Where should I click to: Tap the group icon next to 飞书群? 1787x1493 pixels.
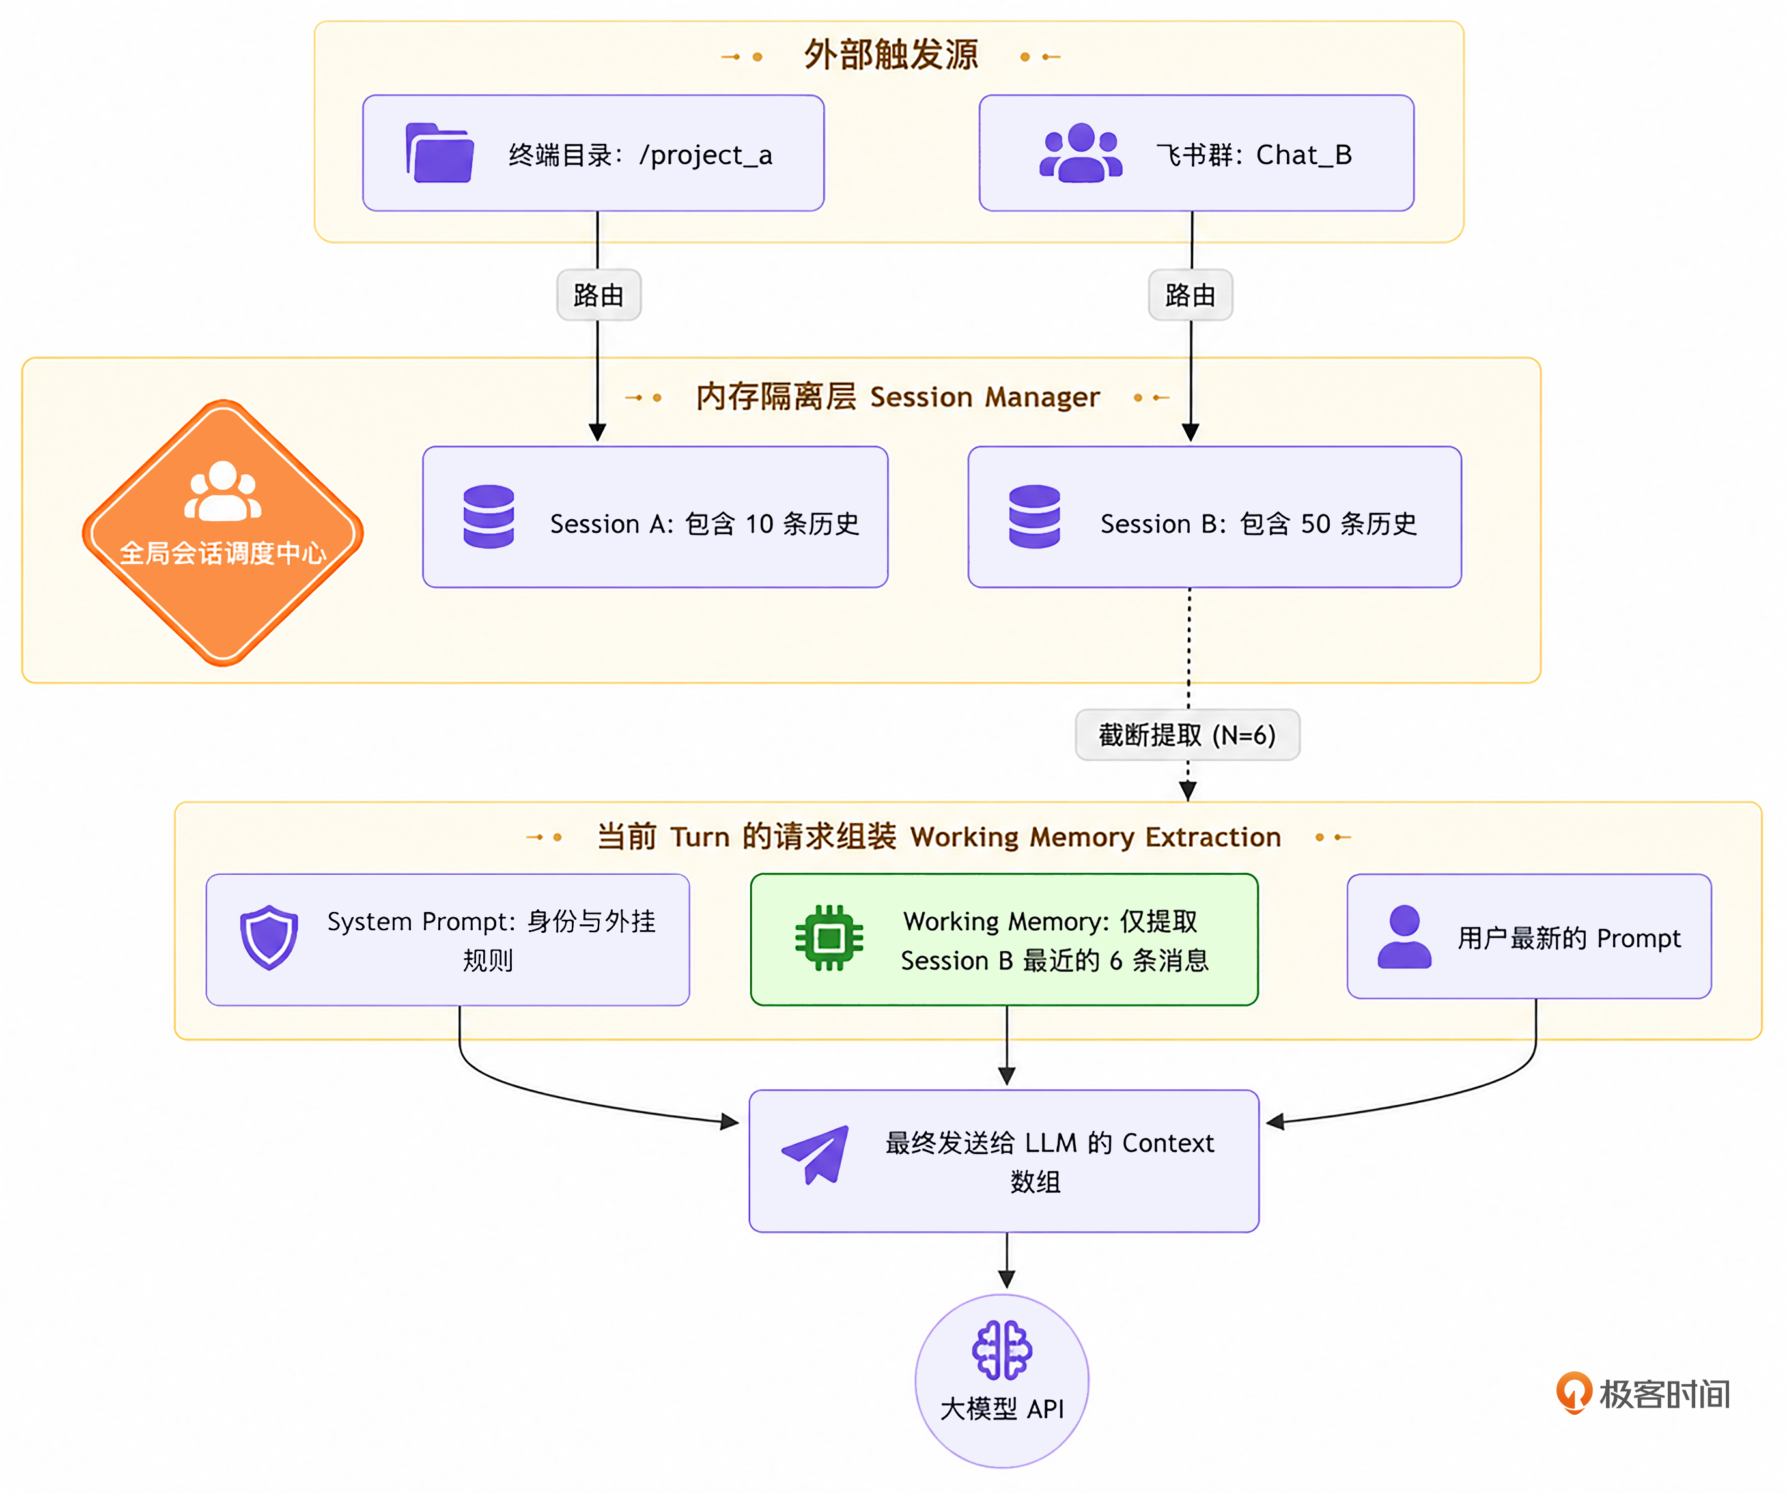(1080, 152)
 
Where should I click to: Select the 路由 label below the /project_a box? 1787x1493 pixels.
(598, 295)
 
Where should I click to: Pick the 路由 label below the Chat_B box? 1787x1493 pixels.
(1190, 295)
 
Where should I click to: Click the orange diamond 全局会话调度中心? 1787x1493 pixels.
(223, 533)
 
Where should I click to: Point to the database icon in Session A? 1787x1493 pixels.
(488, 517)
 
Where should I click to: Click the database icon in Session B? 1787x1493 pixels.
(1034, 517)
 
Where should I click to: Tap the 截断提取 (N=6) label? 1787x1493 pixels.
(1188, 735)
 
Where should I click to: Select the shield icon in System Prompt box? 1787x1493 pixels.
(269, 937)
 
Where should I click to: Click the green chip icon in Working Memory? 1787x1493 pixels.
(829, 938)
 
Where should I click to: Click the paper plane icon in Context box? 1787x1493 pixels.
(815, 1154)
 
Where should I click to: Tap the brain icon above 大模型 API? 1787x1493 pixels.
(1002, 1350)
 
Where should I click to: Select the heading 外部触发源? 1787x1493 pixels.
(891, 55)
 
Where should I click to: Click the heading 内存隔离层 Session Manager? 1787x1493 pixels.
(898, 397)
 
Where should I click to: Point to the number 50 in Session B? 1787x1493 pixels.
(1316, 524)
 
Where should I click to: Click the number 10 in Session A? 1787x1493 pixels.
(760, 524)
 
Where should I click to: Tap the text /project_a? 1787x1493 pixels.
(707, 156)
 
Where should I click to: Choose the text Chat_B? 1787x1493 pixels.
(1304, 156)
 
